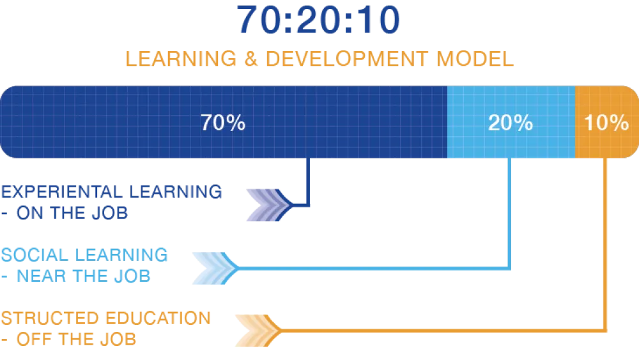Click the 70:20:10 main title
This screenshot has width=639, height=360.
(319, 20)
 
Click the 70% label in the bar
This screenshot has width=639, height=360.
(222, 123)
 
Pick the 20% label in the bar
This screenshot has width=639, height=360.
(510, 123)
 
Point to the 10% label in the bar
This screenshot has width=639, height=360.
(606, 123)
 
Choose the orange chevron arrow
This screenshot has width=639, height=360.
(255, 330)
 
